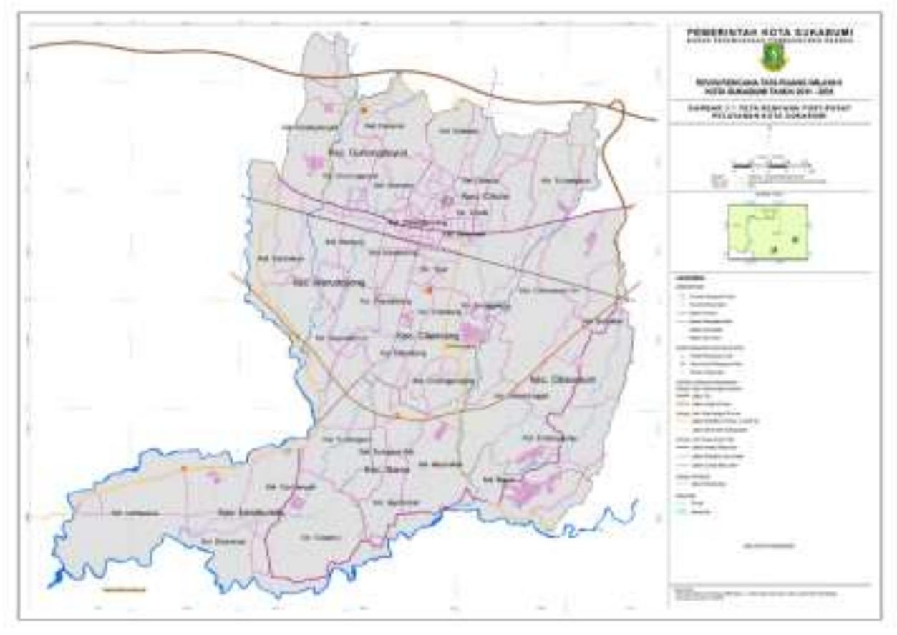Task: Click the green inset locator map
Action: click(x=768, y=230)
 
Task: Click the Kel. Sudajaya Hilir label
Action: click(x=378, y=452)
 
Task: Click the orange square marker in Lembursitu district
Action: click(x=185, y=469)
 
